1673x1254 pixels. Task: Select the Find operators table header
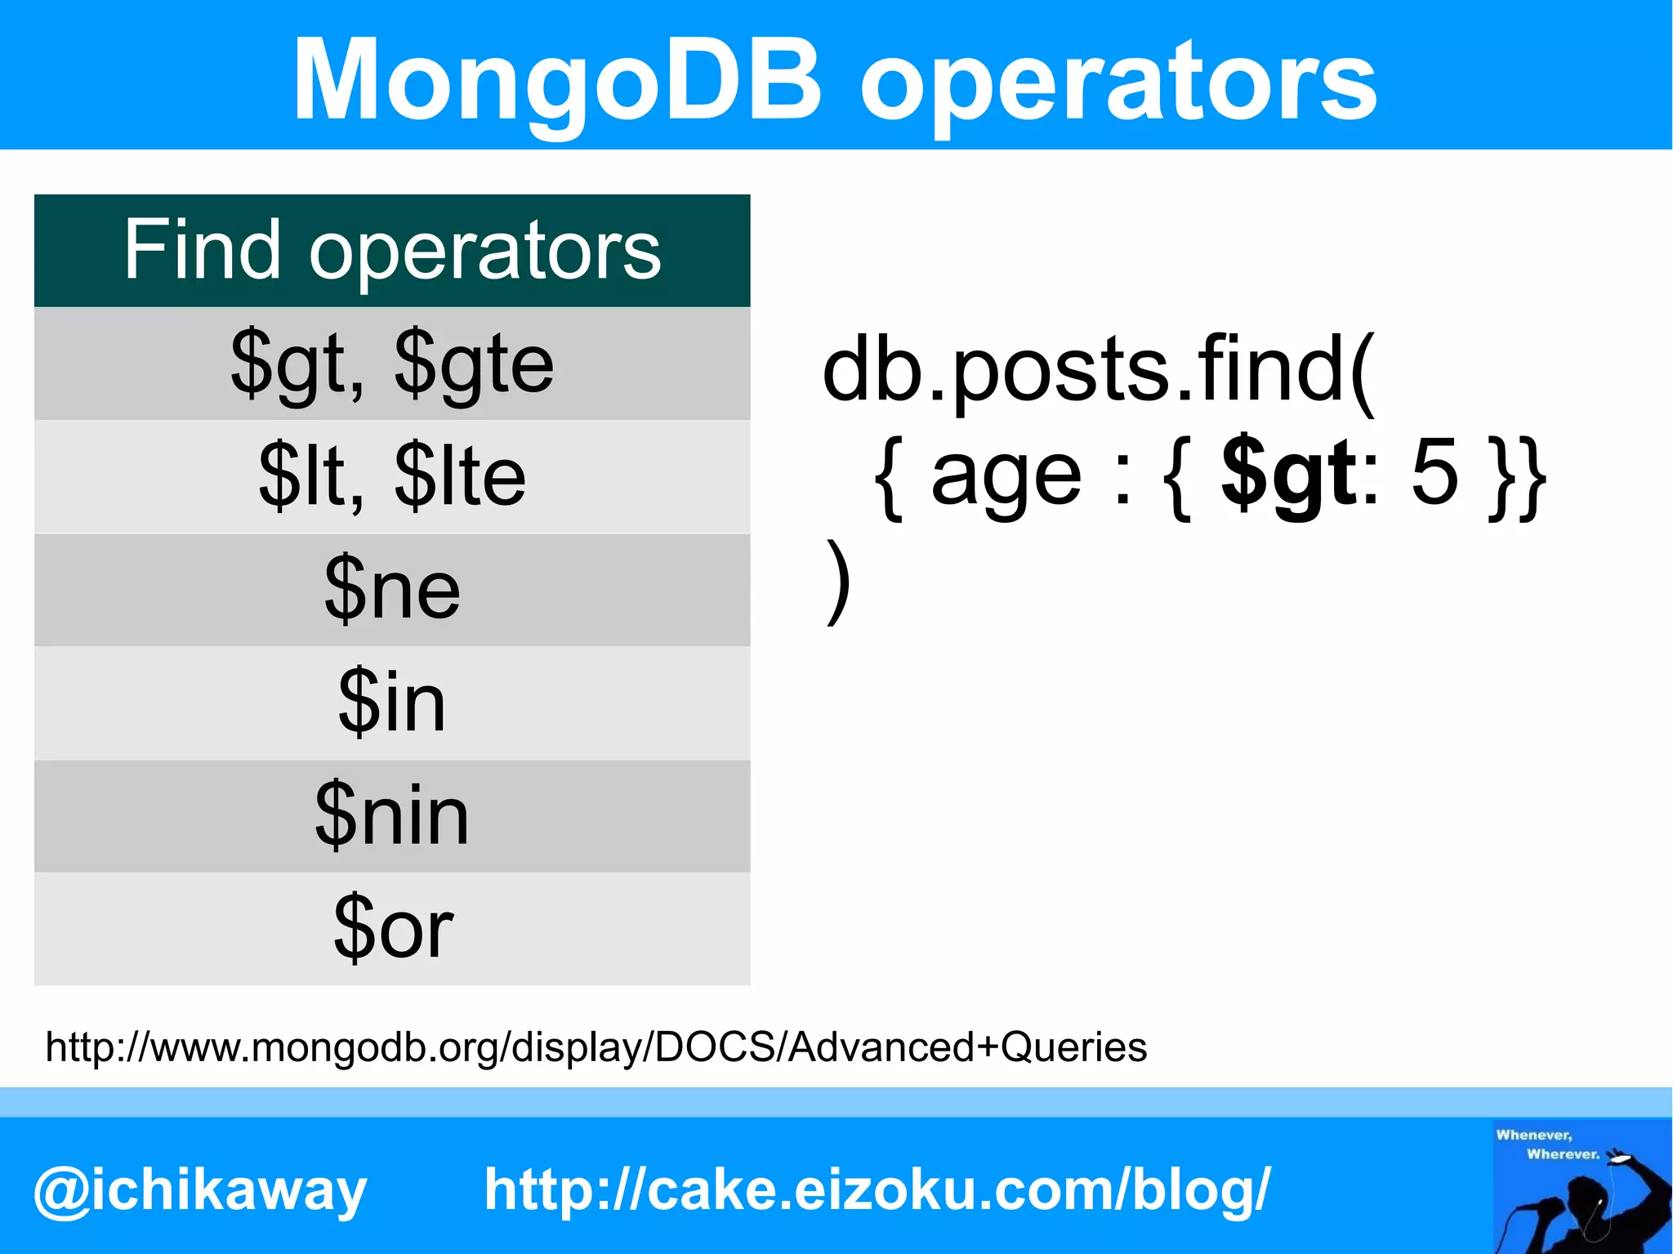click(x=392, y=250)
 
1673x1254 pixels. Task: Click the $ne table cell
click(x=392, y=589)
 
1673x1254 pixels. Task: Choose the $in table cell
click(x=392, y=703)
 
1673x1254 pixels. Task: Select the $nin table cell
click(x=392, y=815)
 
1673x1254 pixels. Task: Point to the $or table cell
click(x=392, y=928)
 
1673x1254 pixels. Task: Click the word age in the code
click(x=1006, y=478)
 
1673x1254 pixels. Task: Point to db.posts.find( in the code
click(x=1099, y=372)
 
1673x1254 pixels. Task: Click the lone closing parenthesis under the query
click(x=838, y=581)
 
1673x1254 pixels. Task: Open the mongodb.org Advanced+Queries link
click(x=596, y=1046)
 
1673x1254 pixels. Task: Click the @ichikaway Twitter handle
click(x=200, y=1191)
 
